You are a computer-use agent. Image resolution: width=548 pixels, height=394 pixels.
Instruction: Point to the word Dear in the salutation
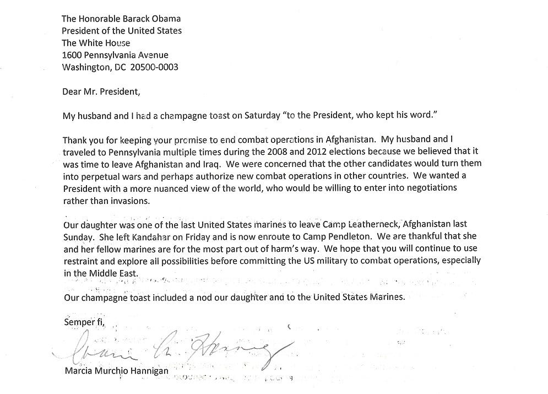tap(72, 91)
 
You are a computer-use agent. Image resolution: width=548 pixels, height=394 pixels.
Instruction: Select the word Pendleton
tap(334, 237)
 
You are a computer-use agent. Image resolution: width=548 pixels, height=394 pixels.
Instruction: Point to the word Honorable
tap(105, 19)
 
